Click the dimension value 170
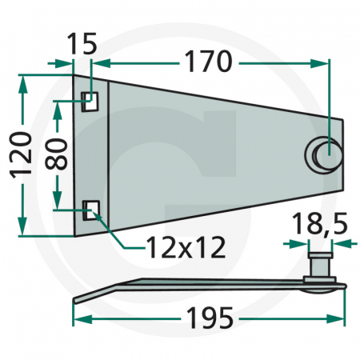pyautogui.click(x=209, y=62)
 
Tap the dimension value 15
pyautogui.click(x=82, y=44)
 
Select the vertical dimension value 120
pyautogui.click(x=22, y=154)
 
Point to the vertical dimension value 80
pyautogui.click(x=57, y=154)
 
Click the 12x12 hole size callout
pyautogui.click(x=186, y=248)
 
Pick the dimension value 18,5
pyautogui.click(x=320, y=223)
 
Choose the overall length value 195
pyautogui.click(x=210, y=318)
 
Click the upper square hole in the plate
pyautogui.click(x=90, y=102)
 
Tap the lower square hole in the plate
pyautogui.click(x=91, y=210)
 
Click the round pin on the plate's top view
pyautogui.click(x=324, y=154)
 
